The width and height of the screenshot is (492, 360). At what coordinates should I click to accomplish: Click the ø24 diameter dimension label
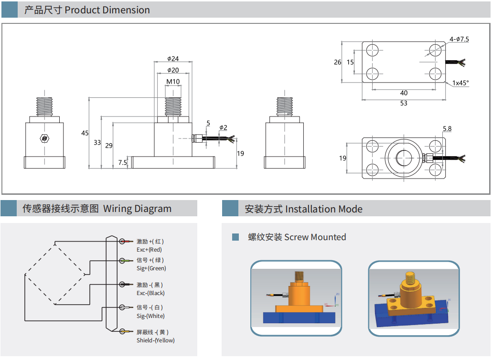click(173, 59)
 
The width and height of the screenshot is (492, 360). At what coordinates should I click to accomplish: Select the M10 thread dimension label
click(173, 82)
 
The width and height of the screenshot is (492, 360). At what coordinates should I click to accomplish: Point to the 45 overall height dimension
click(85, 133)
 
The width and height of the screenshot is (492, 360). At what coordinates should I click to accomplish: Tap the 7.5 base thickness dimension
click(123, 163)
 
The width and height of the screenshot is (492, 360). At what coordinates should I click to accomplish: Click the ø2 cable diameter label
click(223, 127)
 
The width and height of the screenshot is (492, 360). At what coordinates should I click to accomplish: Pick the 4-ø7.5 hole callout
click(459, 39)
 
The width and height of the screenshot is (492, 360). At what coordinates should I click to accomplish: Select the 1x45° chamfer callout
click(460, 83)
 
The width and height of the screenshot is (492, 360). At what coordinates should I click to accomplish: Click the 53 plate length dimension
click(404, 103)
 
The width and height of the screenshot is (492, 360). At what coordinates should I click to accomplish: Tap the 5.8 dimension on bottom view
click(447, 129)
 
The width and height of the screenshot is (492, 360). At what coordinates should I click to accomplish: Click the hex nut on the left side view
click(44, 138)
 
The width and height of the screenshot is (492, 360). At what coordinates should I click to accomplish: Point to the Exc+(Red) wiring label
click(149, 250)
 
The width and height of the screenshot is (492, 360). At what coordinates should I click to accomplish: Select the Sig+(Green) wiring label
click(151, 268)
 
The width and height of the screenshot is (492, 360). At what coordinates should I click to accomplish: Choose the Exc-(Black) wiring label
click(150, 293)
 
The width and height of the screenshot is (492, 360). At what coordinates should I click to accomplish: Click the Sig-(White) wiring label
click(150, 316)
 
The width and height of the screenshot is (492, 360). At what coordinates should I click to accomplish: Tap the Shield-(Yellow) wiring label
click(156, 340)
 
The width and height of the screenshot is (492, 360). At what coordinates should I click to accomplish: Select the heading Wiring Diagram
click(137, 209)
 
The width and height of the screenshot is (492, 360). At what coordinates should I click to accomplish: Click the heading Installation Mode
click(323, 209)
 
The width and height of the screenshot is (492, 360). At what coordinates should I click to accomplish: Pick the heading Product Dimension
click(107, 10)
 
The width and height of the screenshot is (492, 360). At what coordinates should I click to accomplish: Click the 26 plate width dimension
click(338, 62)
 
